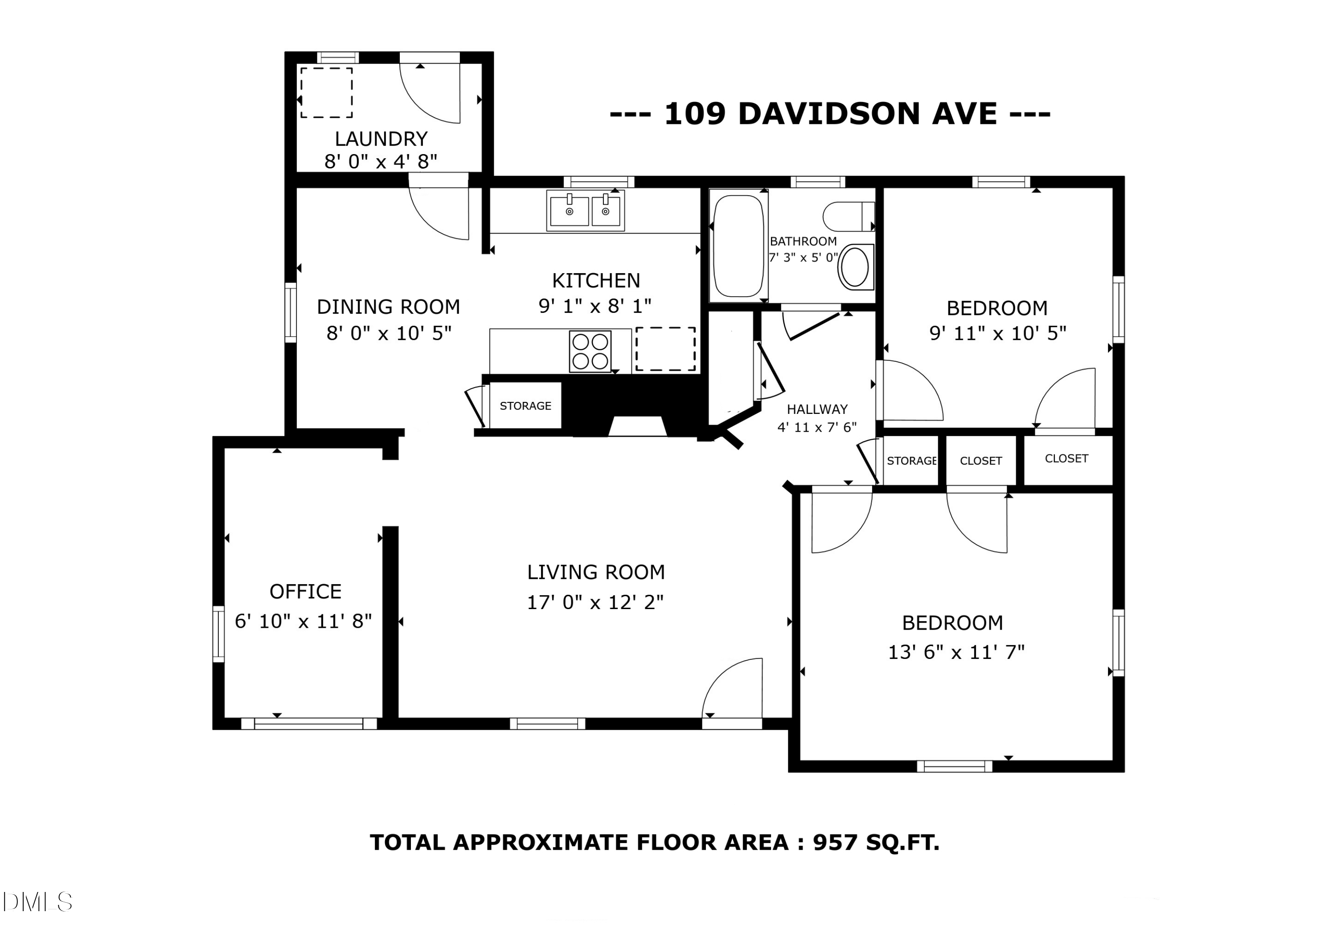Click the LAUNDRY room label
coord(381,139)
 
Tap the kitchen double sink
coord(585,210)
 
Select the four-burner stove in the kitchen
coord(590,351)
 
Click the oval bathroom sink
coord(855,267)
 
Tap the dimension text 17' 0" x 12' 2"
coord(595,602)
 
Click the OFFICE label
coord(305,592)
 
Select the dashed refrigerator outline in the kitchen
coord(665,349)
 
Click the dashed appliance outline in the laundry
coord(326,93)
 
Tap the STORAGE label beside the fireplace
coord(525,406)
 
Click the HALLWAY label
coord(817,409)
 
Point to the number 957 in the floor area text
coord(835,843)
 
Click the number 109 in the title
coord(695,114)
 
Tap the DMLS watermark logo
coord(37,902)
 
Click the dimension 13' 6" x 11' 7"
coord(956,652)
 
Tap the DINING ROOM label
coord(389,307)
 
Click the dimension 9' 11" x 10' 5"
coord(997,333)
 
